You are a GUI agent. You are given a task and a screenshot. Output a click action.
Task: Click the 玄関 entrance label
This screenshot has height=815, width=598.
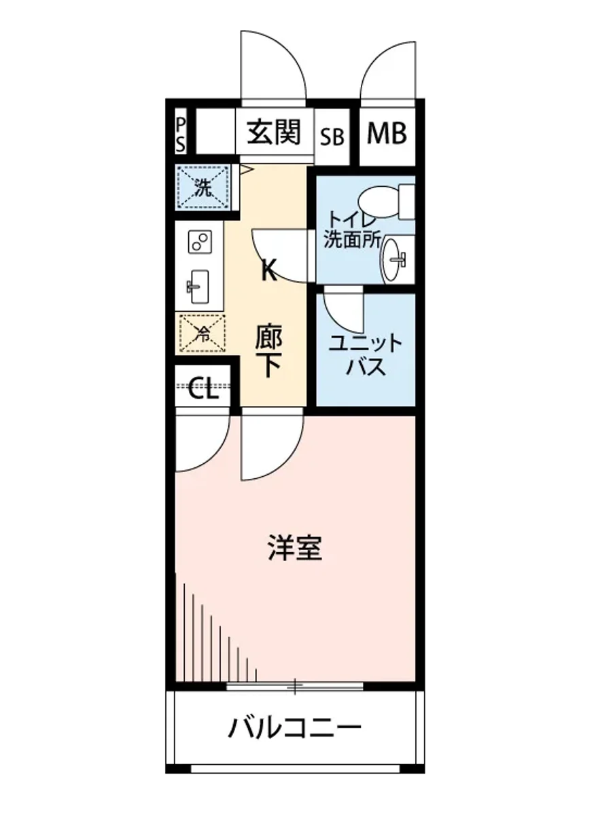[x=274, y=132]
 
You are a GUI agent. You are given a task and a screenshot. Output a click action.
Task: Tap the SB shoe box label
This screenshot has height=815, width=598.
[x=332, y=137]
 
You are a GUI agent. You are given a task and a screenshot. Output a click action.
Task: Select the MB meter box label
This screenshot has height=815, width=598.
[x=387, y=134]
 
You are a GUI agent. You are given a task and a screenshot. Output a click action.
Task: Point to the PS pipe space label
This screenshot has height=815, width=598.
[x=181, y=134]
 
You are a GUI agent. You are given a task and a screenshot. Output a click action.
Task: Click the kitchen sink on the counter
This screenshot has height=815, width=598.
[x=199, y=287]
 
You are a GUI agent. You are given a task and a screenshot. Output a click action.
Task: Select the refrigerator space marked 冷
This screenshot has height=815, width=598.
[x=203, y=332]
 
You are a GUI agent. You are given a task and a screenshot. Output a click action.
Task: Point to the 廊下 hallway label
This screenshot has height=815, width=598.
[x=269, y=352]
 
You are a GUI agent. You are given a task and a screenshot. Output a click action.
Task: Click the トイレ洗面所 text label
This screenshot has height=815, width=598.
[x=352, y=230]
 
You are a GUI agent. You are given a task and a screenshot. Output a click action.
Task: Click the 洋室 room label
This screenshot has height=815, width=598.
[x=294, y=547]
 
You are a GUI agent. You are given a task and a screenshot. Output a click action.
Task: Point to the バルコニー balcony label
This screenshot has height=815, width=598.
[x=294, y=731]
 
